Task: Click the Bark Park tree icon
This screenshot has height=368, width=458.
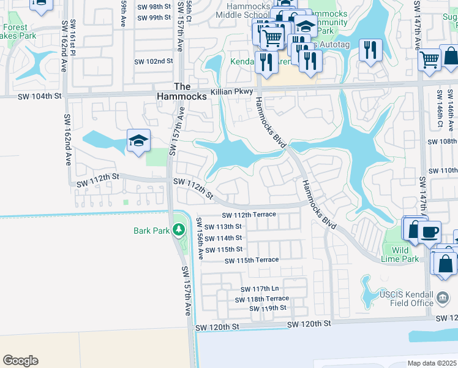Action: point(178,231)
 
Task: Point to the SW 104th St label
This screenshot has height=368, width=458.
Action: point(39,96)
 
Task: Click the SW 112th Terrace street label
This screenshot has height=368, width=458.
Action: point(249,215)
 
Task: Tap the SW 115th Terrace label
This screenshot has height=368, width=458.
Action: point(252,261)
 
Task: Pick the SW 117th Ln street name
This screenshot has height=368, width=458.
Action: point(260,289)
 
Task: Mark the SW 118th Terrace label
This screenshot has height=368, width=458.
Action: point(261,299)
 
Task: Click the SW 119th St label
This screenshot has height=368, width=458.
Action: point(268,308)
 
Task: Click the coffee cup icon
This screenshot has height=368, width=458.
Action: point(430,232)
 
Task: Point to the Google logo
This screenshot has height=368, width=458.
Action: point(20,361)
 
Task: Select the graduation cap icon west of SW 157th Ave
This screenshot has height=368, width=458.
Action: point(138,141)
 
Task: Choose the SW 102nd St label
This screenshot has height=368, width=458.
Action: point(155,62)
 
